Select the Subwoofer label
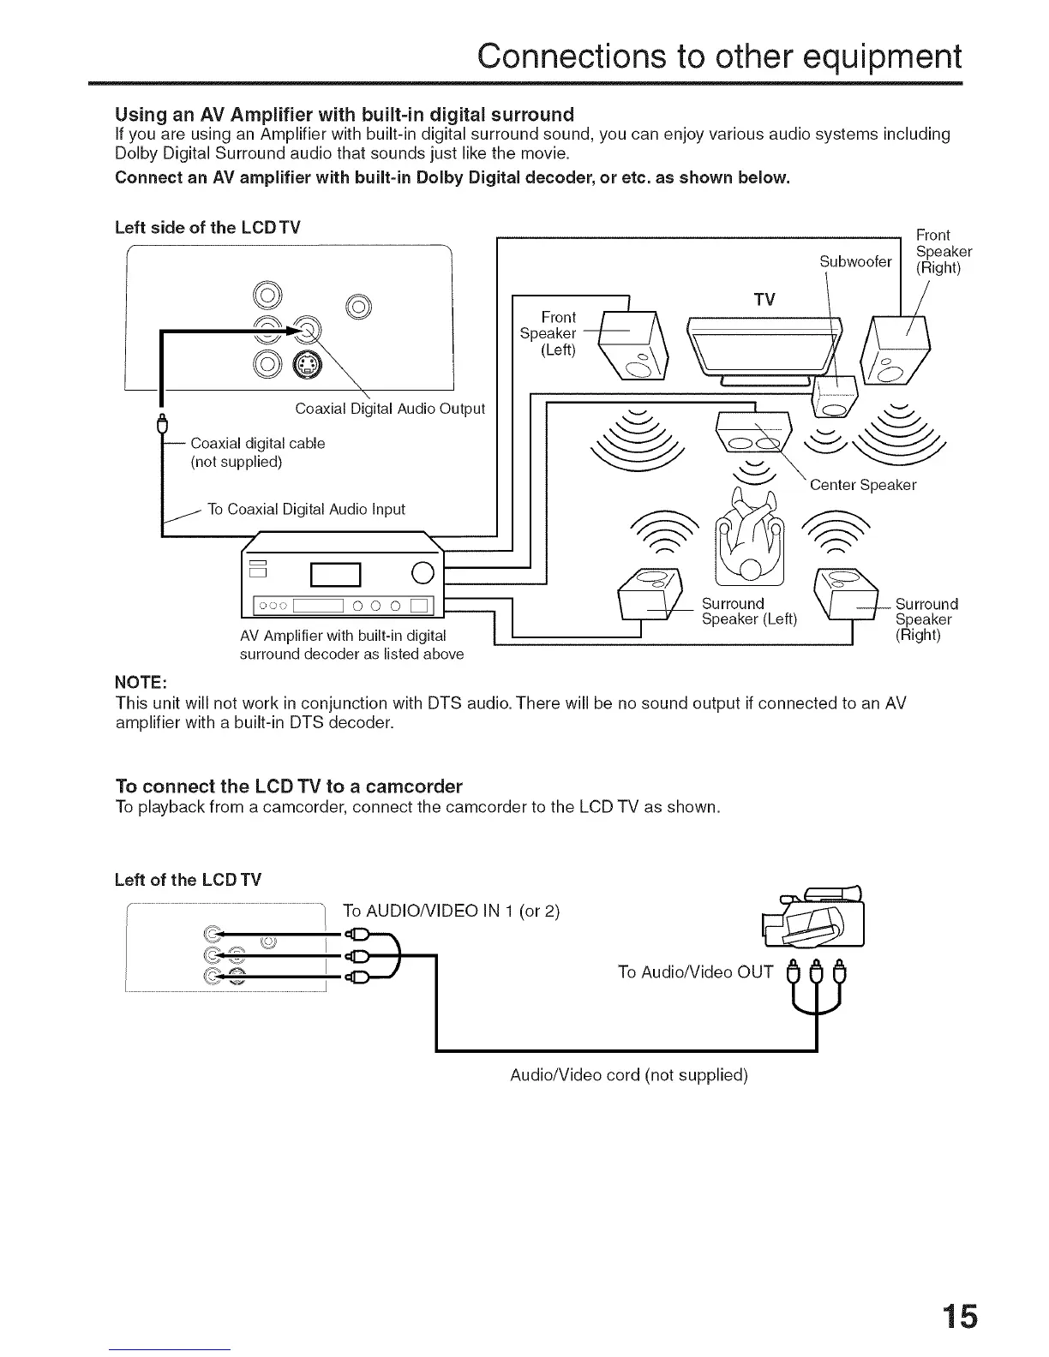(x=855, y=261)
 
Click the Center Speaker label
(x=862, y=485)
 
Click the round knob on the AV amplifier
(x=424, y=572)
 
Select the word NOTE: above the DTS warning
(x=141, y=682)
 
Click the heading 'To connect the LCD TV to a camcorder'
(x=289, y=786)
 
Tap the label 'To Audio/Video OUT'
(x=695, y=971)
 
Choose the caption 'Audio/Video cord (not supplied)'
(x=629, y=1075)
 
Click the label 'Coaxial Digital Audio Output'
(x=390, y=409)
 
